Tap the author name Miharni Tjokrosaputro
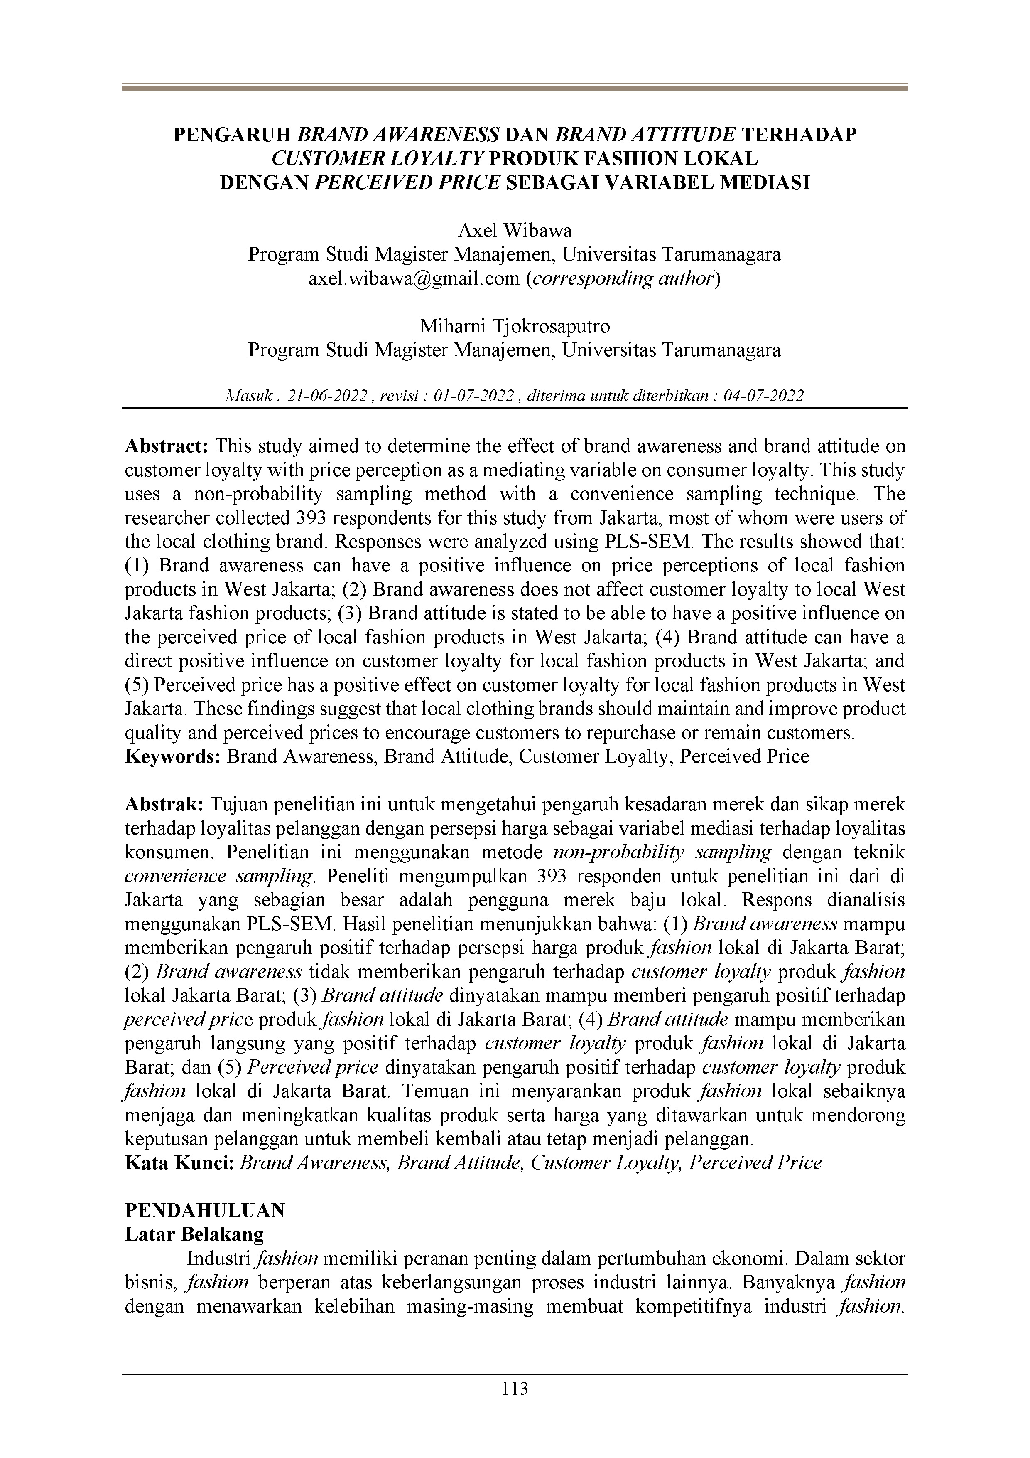point(515,326)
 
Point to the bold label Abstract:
point(166,446)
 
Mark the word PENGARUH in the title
point(232,135)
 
